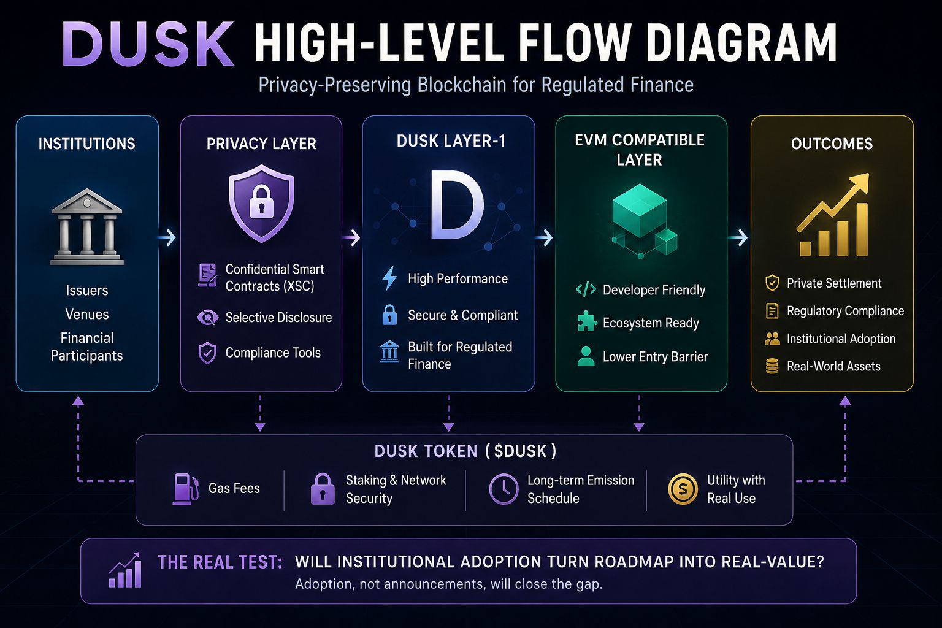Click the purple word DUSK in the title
click(x=148, y=44)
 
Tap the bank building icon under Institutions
click(x=87, y=227)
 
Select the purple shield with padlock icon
click(x=261, y=204)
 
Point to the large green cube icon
click(x=640, y=212)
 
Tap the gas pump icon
click(x=185, y=489)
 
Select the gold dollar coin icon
click(x=683, y=489)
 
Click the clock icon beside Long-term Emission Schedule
click(x=504, y=489)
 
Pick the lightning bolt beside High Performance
click(x=389, y=278)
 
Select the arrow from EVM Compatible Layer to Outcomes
click(x=738, y=238)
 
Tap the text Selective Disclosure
click(x=278, y=317)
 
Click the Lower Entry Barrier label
click(x=655, y=357)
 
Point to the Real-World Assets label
click(x=833, y=366)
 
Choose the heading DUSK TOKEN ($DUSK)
click(x=465, y=451)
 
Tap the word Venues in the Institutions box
click(x=87, y=314)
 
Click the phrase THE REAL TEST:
click(x=220, y=562)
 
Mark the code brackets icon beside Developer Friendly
click(x=586, y=289)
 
